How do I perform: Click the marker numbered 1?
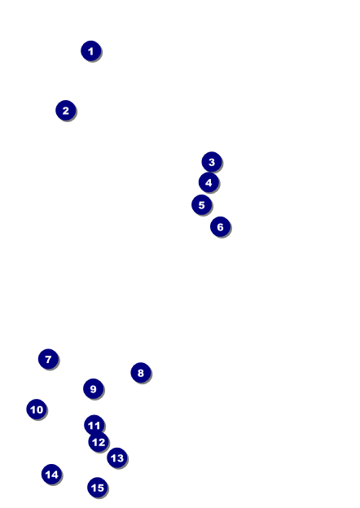click(91, 50)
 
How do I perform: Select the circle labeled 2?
click(66, 111)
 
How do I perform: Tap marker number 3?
click(212, 162)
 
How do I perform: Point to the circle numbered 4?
click(209, 182)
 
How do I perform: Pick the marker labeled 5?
click(201, 205)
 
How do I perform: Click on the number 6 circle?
click(221, 227)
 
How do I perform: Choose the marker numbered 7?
click(48, 359)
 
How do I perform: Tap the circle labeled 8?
click(141, 373)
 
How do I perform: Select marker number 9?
click(94, 389)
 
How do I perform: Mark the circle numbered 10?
click(37, 409)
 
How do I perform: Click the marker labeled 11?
click(94, 425)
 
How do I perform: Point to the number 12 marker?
click(99, 442)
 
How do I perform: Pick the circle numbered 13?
click(117, 458)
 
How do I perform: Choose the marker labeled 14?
click(52, 475)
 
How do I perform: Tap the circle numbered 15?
click(98, 488)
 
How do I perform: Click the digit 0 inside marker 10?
click(39, 409)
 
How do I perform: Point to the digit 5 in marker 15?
click(100, 488)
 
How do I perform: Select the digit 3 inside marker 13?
click(121, 458)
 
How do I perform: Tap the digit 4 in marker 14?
click(55, 475)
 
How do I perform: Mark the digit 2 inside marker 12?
click(102, 442)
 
